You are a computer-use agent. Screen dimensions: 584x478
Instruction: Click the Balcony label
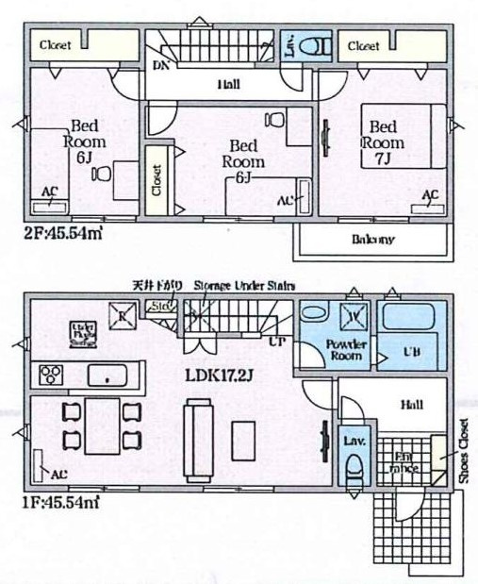click(373, 239)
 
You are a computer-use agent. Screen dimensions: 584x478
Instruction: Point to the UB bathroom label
click(411, 352)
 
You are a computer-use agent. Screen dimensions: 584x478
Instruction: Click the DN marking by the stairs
click(160, 65)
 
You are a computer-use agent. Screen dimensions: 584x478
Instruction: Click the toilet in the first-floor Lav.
click(354, 465)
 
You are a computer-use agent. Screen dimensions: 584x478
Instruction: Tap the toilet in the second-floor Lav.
click(318, 44)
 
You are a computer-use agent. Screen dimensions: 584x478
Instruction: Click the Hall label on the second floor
click(227, 85)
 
